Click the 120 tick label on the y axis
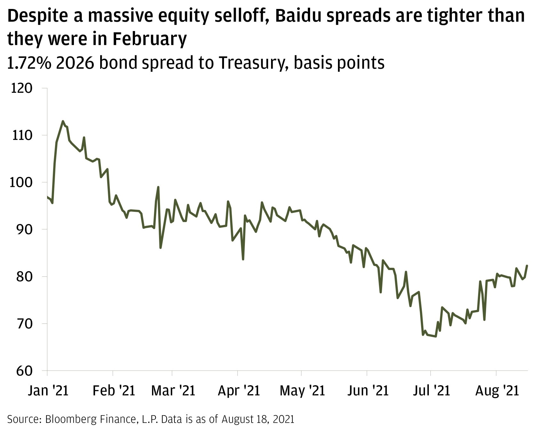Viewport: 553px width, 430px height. coord(22,88)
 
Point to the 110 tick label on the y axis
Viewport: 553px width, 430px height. coord(22,135)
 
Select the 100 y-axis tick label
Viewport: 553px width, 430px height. coord(22,182)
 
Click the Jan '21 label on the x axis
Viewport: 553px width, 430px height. coord(48,391)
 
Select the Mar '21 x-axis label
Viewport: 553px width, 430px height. coord(173,391)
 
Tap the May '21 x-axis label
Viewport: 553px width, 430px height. coord(302,391)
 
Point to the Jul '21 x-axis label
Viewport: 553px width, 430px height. coord(431,391)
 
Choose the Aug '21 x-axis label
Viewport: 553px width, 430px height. coord(497,391)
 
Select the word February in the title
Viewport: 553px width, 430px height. coord(149,39)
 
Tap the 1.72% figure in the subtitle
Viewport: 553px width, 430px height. coord(29,63)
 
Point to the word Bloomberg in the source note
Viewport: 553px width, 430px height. coord(68,419)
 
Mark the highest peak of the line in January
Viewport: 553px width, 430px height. coord(63,121)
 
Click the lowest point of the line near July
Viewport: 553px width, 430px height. coord(436,336)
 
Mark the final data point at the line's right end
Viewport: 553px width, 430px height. coord(527,266)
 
